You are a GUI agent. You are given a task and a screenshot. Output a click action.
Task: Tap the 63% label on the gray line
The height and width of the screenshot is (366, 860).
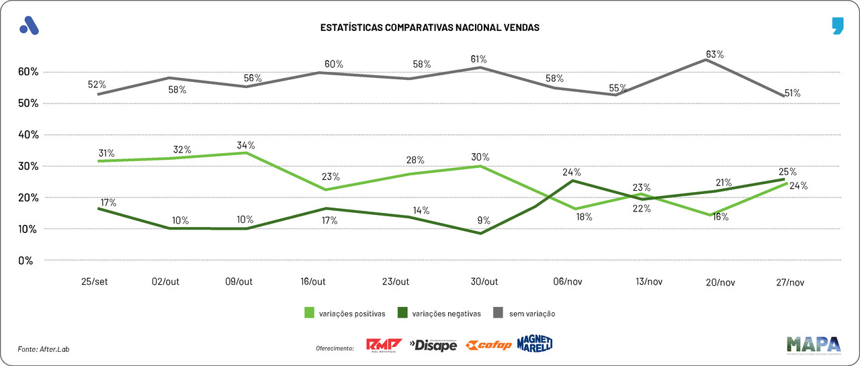pos(714,54)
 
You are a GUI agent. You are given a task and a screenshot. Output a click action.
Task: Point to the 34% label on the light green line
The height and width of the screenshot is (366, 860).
pos(246,145)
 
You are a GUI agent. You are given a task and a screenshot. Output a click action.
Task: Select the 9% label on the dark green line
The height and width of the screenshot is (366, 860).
pos(484,220)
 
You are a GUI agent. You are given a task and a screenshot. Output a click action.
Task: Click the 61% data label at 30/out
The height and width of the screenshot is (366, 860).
pos(478,59)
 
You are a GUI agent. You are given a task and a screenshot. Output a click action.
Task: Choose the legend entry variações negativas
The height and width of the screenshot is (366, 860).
pos(441,313)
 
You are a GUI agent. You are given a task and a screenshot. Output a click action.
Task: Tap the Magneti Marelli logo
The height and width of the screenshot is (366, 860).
pos(535,344)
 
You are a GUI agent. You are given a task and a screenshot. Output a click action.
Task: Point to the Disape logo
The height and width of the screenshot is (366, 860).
pos(433,345)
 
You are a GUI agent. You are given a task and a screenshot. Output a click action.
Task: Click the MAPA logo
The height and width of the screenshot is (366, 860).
pos(813,344)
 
